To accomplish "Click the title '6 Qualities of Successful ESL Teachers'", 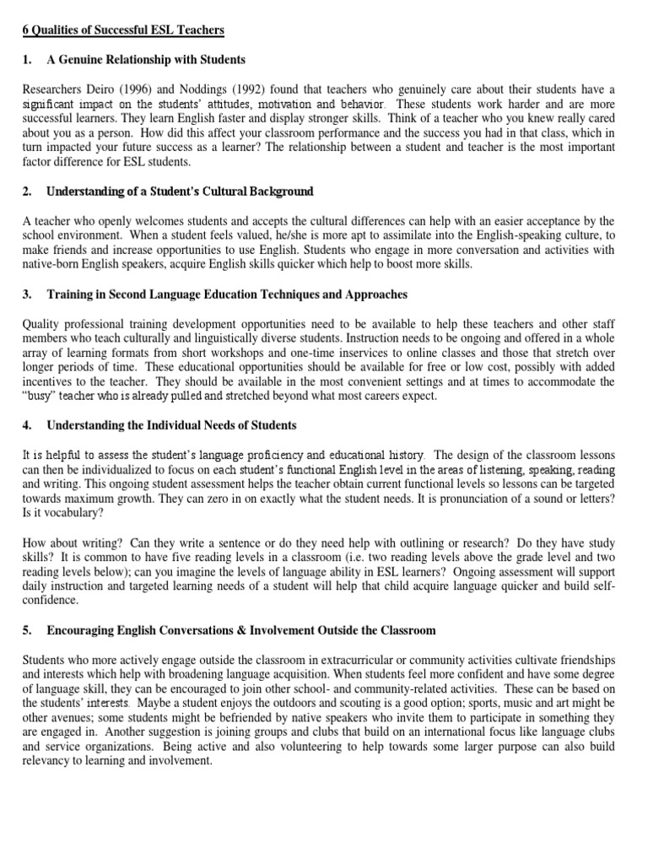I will (x=122, y=31).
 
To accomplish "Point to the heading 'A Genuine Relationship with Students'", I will (x=146, y=60).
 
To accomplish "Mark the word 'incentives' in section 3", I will (x=47, y=382).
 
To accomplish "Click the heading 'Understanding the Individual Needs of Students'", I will (x=171, y=424).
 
